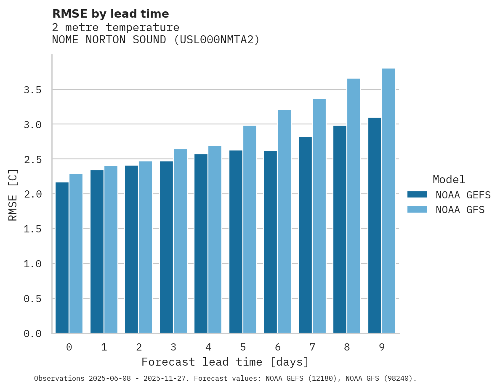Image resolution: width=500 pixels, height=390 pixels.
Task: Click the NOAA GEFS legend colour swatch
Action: [417, 195]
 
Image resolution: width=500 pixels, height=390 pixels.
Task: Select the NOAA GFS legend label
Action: [460, 210]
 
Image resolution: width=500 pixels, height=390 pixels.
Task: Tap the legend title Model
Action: [449, 179]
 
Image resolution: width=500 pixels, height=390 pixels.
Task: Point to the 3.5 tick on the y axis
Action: [32, 90]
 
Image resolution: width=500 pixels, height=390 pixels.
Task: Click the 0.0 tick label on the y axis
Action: [32, 334]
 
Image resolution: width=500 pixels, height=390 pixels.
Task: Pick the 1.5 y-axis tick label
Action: [32, 229]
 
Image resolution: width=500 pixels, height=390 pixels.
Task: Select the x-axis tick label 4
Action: [208, 347]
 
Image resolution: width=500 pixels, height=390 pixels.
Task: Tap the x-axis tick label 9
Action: [382, 347]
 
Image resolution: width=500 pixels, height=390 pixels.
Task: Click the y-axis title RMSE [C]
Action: [13, 194]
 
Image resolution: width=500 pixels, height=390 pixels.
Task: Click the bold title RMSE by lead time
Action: [110, 14]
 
